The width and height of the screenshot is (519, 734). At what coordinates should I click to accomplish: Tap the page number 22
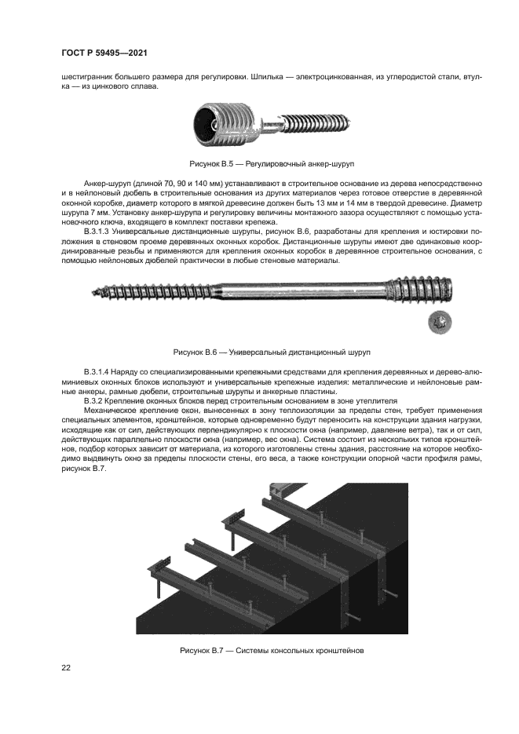[x=67, y=667]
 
